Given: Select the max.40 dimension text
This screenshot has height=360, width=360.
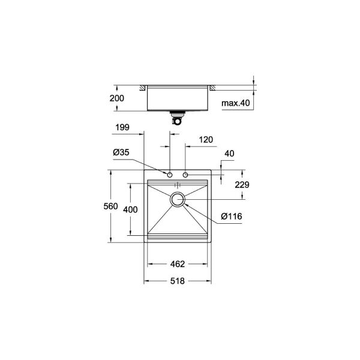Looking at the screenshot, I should (236, 103).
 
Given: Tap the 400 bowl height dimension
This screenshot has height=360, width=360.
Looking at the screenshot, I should (130, 209).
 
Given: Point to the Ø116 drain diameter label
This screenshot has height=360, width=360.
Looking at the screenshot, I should (232, 216).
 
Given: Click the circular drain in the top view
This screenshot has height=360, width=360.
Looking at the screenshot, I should (178, 200).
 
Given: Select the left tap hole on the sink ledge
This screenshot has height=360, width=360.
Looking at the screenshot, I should (170, 175).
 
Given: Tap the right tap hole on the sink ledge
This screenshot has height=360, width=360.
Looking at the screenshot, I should (185, 175).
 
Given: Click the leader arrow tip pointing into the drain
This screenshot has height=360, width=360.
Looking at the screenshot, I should (184, 204).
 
